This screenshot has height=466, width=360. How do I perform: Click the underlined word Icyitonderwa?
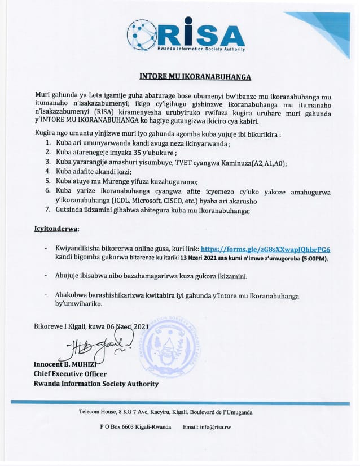(x=53, y=229)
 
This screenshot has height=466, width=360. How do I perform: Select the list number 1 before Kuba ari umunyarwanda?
(x=48, y=143)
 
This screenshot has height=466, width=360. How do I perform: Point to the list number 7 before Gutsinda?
(x=48, y=211)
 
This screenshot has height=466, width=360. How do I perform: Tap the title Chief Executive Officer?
(x=70, y=374)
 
